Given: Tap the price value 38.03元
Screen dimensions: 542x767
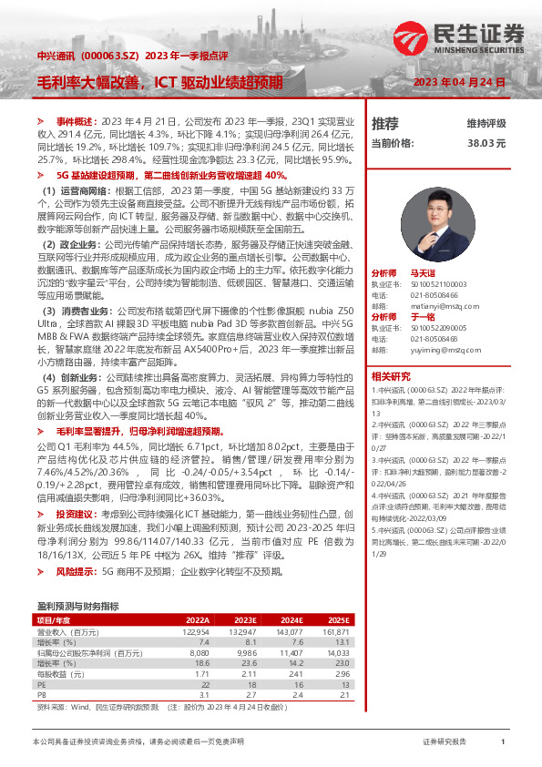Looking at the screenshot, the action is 486,143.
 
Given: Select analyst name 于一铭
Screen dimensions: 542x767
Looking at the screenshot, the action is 423,316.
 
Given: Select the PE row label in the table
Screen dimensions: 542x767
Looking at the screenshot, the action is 41,682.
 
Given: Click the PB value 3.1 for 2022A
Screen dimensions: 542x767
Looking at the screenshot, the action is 204,693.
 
